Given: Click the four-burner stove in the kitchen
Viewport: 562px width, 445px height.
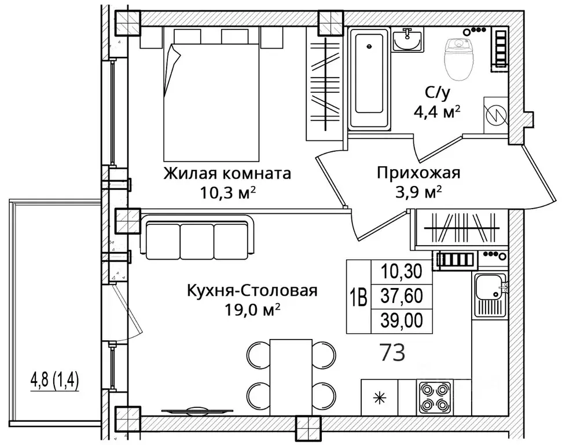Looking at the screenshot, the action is point(435,397).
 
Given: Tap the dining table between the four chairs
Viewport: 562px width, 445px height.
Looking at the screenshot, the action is point(291,377).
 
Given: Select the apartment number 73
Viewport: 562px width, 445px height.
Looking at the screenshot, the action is point(392,352).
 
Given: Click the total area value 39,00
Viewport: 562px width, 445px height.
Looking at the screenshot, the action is point(402,320).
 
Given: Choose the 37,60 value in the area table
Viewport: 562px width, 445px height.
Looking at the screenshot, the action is point(402,296).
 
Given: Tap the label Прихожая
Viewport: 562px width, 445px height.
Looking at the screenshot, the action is point(418,173).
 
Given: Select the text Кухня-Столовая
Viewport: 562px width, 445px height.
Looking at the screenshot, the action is point(252,291).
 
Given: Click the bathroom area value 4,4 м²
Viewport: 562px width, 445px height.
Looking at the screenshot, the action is point(437,112).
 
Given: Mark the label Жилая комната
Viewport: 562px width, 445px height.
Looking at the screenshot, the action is point(227,174).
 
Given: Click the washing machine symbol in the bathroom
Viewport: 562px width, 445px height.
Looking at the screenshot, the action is point(495,115).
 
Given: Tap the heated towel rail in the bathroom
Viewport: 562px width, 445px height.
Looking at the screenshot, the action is point(500,48).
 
